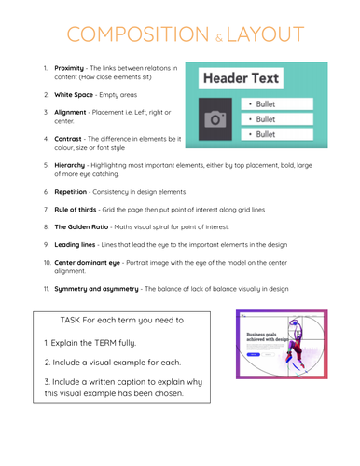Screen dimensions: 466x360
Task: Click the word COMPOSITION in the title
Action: [127, 34]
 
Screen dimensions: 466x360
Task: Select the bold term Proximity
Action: [71, 68]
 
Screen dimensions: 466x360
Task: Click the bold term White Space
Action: [76, 95]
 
